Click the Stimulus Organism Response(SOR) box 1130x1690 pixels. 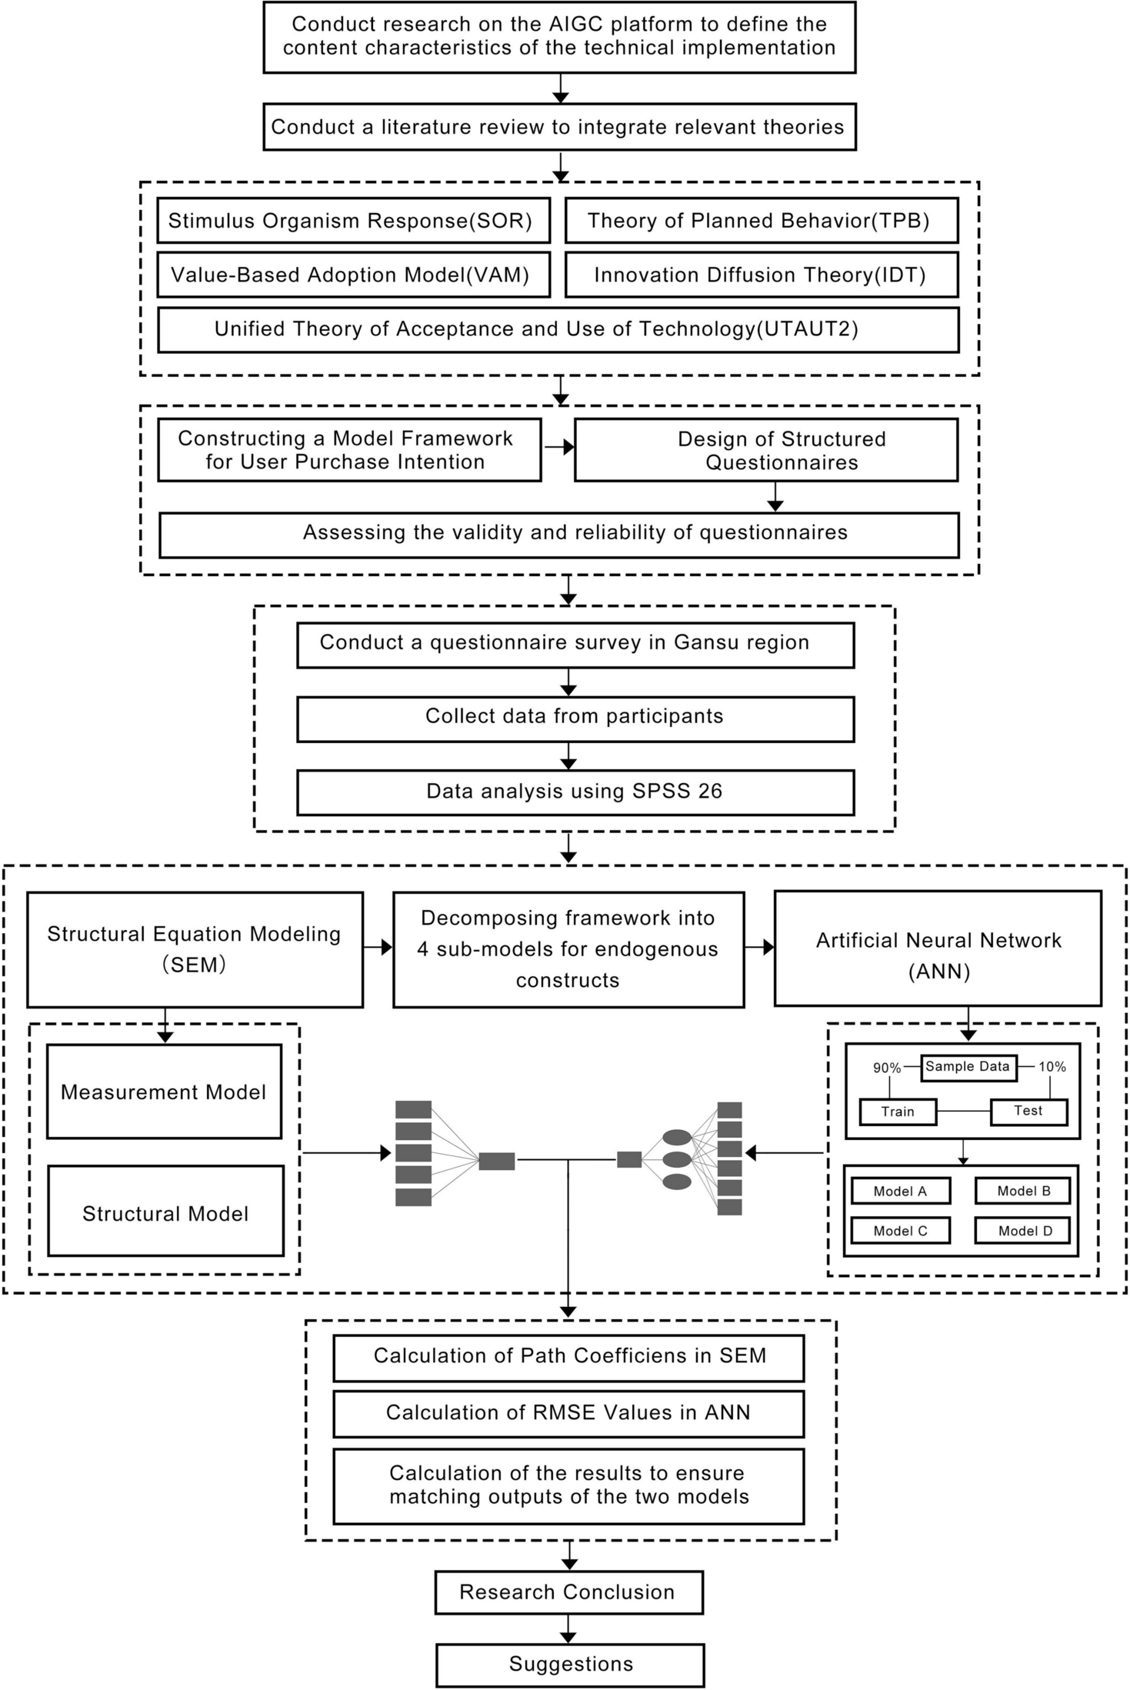[x=353, y=221]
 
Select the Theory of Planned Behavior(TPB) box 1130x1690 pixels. [x=761, y=221]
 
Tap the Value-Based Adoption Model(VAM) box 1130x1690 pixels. [x=353, y=275]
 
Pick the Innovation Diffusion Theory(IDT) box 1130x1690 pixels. [x=761, y=275]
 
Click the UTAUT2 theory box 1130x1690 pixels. [x=558, y=329]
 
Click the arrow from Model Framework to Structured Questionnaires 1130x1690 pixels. [x=558, y=447]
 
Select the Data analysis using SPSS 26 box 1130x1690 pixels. [x=575, y=792]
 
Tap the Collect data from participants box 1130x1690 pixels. [x=575, y=718]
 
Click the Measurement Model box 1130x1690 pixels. [x=164, y=1092]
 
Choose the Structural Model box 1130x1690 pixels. [x=165, y=1213]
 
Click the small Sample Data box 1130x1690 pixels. [x=968, y=1067]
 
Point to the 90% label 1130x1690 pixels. [x=886, y=1068]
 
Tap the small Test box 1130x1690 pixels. [x=1028, y=1111]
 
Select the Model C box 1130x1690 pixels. [x=900, y=1231]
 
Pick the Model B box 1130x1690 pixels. [x=1023, y=1191]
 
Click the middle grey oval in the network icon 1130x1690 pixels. [x=677, y=1158]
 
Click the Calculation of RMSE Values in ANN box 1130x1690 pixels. [x=568, y=1413]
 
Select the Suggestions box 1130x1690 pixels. [x=570, y=1665]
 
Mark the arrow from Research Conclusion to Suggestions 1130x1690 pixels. [x=568, y=1628]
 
